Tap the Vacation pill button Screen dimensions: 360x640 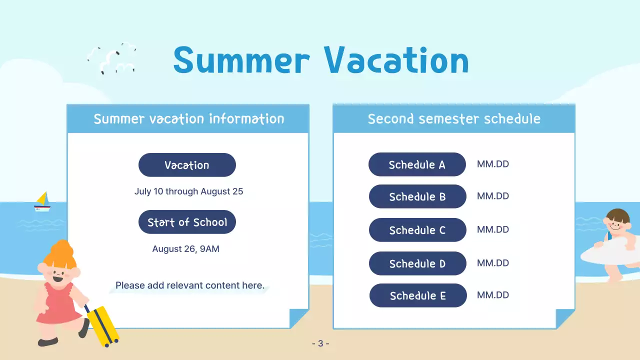click(x=187, y=165)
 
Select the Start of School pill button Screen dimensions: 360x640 click(x=187, y=222)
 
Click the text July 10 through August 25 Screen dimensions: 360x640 click(x=188, y=191)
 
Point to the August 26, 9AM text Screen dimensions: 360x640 click(x=185, y=248)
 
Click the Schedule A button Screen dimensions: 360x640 click(x=417, y=164)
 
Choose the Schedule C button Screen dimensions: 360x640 click(x=417, y=230)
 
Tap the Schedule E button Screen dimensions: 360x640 click(x=418, y=295)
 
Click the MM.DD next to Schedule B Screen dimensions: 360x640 click(x=492, y=196)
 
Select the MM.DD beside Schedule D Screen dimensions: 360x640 click(x=492, y=263)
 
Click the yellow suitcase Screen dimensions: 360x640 click(x=102, y=325)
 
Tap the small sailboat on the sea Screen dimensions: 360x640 click(x=42, y=201)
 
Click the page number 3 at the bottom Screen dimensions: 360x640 click(x=320, y=343)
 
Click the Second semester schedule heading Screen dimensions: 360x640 click(x=454, y=119)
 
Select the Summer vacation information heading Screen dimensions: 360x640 click(x=188, y=119)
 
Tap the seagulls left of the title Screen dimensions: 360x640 click(x=112, y=58)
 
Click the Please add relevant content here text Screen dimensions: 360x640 click(x=189, y=285)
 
